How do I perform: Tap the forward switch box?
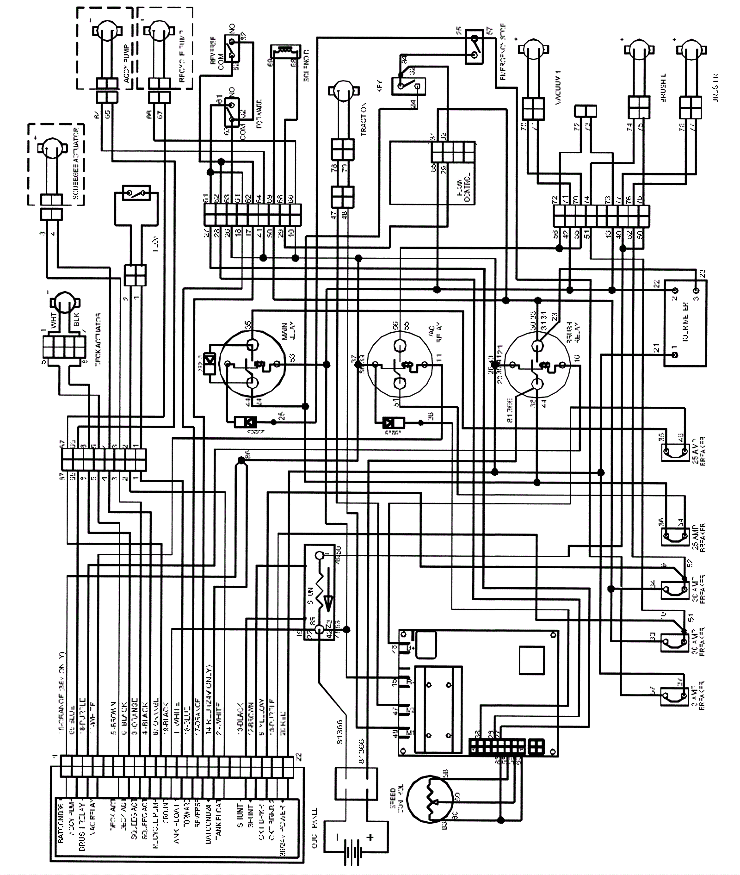tap(231, 112)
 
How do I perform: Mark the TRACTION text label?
tap(364, 118)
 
